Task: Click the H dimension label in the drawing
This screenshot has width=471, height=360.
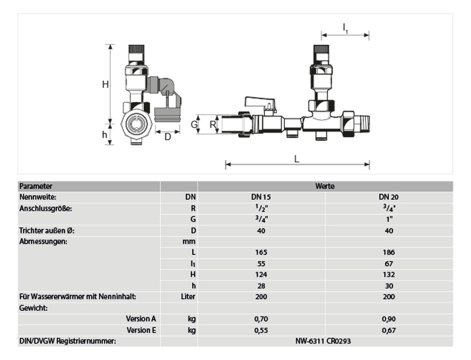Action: point(105,84)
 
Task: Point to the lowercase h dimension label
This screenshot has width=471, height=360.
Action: point(104,135)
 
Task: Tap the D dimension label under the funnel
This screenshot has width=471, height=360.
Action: point(168,137)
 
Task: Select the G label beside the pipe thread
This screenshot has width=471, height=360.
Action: point(194,124)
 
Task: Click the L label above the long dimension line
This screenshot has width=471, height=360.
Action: point(297,159)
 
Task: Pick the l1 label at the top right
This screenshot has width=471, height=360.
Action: point(345,29)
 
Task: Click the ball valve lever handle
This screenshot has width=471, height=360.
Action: point(260,102)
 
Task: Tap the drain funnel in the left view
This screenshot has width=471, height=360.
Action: point(167,115)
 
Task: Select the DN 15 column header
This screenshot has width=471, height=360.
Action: point(261,197)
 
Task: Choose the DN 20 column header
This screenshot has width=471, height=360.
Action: point(389,197)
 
